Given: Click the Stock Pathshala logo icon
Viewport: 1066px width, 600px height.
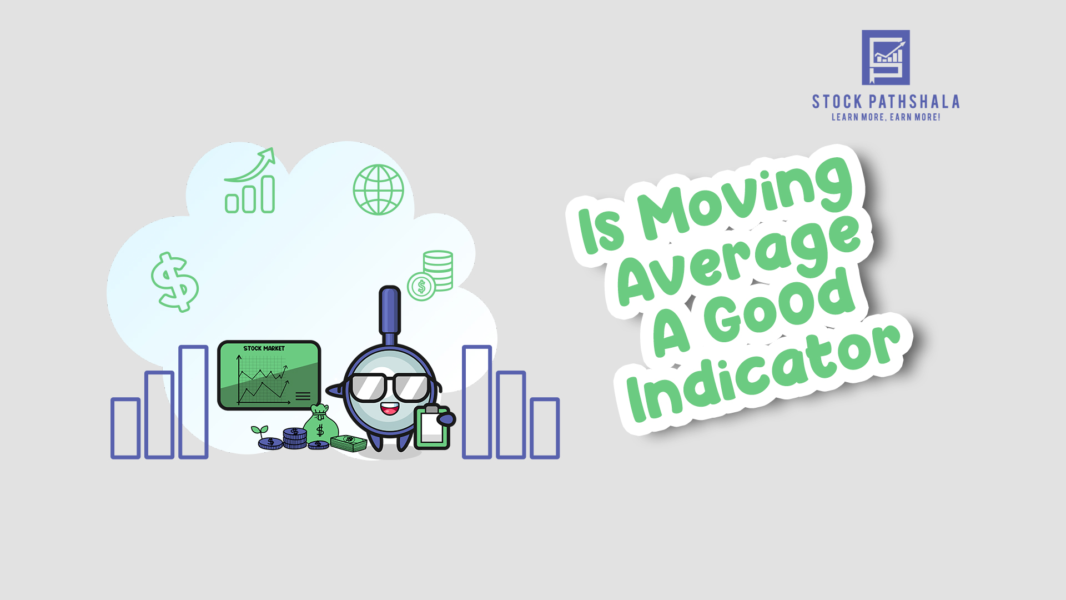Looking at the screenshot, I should pos(886,57).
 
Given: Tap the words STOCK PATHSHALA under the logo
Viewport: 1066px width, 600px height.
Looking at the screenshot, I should pos(886,102).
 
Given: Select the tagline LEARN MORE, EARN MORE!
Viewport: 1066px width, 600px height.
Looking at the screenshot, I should pos(886,117).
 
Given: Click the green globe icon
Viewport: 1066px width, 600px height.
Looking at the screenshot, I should pos(379,189).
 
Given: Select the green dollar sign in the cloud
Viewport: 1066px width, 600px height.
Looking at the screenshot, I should pos(175,282).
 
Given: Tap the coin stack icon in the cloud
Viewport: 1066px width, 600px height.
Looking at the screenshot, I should pos(431,275).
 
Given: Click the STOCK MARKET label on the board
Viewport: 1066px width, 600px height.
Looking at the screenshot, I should pos(264,348).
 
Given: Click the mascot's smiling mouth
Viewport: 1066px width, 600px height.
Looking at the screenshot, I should pos(389,409).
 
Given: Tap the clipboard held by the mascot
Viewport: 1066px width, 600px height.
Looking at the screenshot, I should pos(432,427).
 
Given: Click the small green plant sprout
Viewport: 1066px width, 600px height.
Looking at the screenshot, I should pos(259,431).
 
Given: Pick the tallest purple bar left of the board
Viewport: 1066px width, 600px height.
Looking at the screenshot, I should pos(193,402).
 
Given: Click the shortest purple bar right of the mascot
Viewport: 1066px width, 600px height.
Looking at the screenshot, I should pos(544,428).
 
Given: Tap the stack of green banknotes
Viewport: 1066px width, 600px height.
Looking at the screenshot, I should pos(349,442).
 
